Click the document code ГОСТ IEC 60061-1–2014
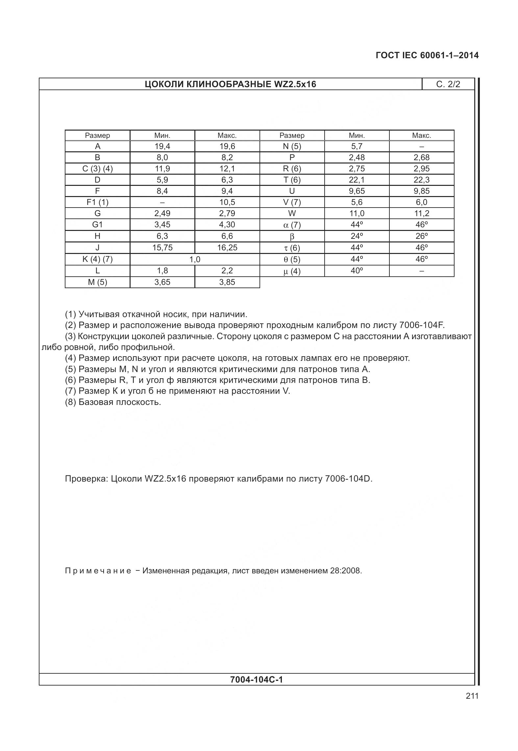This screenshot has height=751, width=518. (427, 55)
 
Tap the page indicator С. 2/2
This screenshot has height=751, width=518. (448, 84)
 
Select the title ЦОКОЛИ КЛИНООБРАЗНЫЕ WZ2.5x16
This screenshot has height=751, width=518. (230, 84)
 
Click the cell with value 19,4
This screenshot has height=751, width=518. (162, 146)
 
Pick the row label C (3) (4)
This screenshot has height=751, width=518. (97, 169)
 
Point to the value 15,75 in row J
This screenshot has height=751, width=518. (162, 248)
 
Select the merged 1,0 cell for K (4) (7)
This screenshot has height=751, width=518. (195, 259)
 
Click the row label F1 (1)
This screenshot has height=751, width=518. (97, 202)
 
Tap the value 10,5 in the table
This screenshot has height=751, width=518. (227, 202)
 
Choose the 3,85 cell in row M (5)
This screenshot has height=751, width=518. (227, 282)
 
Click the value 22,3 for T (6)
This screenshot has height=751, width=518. (421, 180)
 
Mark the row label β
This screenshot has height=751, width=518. (292, 236)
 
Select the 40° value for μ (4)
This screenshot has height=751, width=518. (357, 271)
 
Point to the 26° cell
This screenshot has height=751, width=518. (421, 236)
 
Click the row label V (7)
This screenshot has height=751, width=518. (292, 202)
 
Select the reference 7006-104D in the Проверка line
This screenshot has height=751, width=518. (348, 479)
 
